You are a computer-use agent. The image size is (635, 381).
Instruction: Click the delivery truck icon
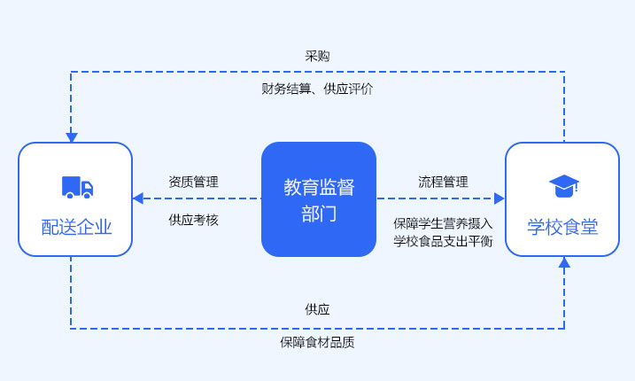click(x=77, y=187)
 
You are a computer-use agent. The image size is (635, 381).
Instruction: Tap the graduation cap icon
click(x=564, y=186)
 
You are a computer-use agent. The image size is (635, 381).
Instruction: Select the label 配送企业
click(x=76, y=227)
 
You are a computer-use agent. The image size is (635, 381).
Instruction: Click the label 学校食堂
click(x=562, y=227)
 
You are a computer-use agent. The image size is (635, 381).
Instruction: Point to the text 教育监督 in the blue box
click(x=319, y=187)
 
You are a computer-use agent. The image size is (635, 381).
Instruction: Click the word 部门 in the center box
click(x=319, y=214)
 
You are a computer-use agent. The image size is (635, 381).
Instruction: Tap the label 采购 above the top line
click(x=317, y=56)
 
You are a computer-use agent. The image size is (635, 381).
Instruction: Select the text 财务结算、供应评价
click(x=317, y=89)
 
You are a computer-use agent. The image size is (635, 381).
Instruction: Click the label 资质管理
click(x=194, y=182)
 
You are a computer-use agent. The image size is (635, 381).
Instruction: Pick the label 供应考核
click(x=194, y=220)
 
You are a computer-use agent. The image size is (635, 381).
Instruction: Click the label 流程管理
click(x=443, y=182)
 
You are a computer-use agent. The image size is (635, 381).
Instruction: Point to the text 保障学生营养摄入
click(x=443, y=223)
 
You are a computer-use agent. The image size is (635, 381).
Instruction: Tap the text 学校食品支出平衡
click(x=443, y=241)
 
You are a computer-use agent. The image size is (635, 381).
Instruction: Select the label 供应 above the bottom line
click(x=317, y=309)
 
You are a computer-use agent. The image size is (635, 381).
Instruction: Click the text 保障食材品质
click(x=317, y=343)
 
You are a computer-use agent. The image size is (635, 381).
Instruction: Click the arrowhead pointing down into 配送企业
click(x=71, y=137)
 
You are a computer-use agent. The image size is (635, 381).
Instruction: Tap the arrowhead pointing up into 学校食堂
click(x=564, y=262)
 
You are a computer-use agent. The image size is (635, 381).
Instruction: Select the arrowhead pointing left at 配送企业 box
click(x=137, y=198)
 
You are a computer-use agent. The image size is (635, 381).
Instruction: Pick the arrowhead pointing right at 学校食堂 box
click(x=499, y=198)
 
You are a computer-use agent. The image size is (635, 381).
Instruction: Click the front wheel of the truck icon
click(x=87, y=195)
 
